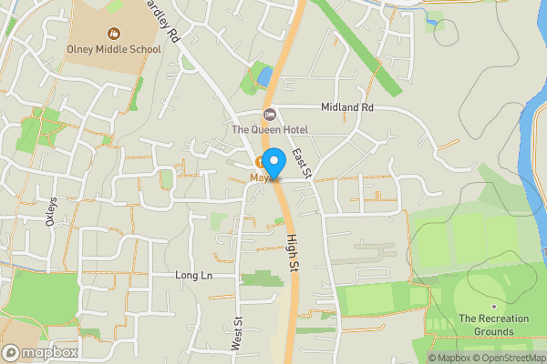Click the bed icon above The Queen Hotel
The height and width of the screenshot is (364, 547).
pos(269,114)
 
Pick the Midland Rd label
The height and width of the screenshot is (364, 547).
pos(354,107)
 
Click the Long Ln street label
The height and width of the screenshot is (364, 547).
pos(193,275)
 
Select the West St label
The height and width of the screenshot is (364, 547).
pos(236,334)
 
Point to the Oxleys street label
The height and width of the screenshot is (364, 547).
pos(51,211)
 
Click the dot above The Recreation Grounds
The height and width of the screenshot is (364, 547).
pos(493,305)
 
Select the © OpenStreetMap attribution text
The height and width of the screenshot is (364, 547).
pos(509,357)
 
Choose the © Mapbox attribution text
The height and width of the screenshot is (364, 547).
pos(449,357)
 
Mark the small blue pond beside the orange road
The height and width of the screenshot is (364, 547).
pos(264,76)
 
